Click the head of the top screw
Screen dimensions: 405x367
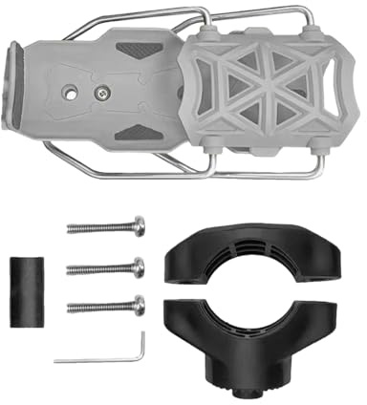coord(140,226)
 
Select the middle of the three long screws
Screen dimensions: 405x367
coord(105,267)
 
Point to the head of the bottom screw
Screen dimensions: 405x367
coord(140,306)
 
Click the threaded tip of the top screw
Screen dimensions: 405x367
coord(73,228)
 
